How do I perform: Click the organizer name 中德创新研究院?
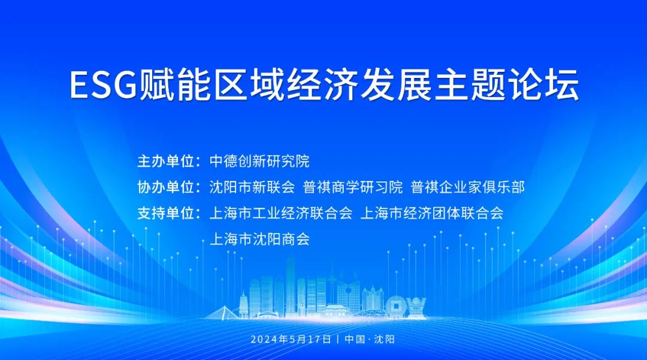click(x=259, y=161)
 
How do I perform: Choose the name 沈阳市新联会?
click(x=252, y=187)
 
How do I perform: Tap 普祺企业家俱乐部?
click(x=468, y=187)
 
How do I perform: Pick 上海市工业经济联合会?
click(x=280, y=213)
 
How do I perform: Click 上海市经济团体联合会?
click(x=431, y=213)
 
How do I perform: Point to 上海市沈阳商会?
click(x=259, y=239)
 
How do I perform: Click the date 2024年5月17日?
click(x=291, y=339)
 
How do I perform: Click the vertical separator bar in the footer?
click(x=338, y=339)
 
